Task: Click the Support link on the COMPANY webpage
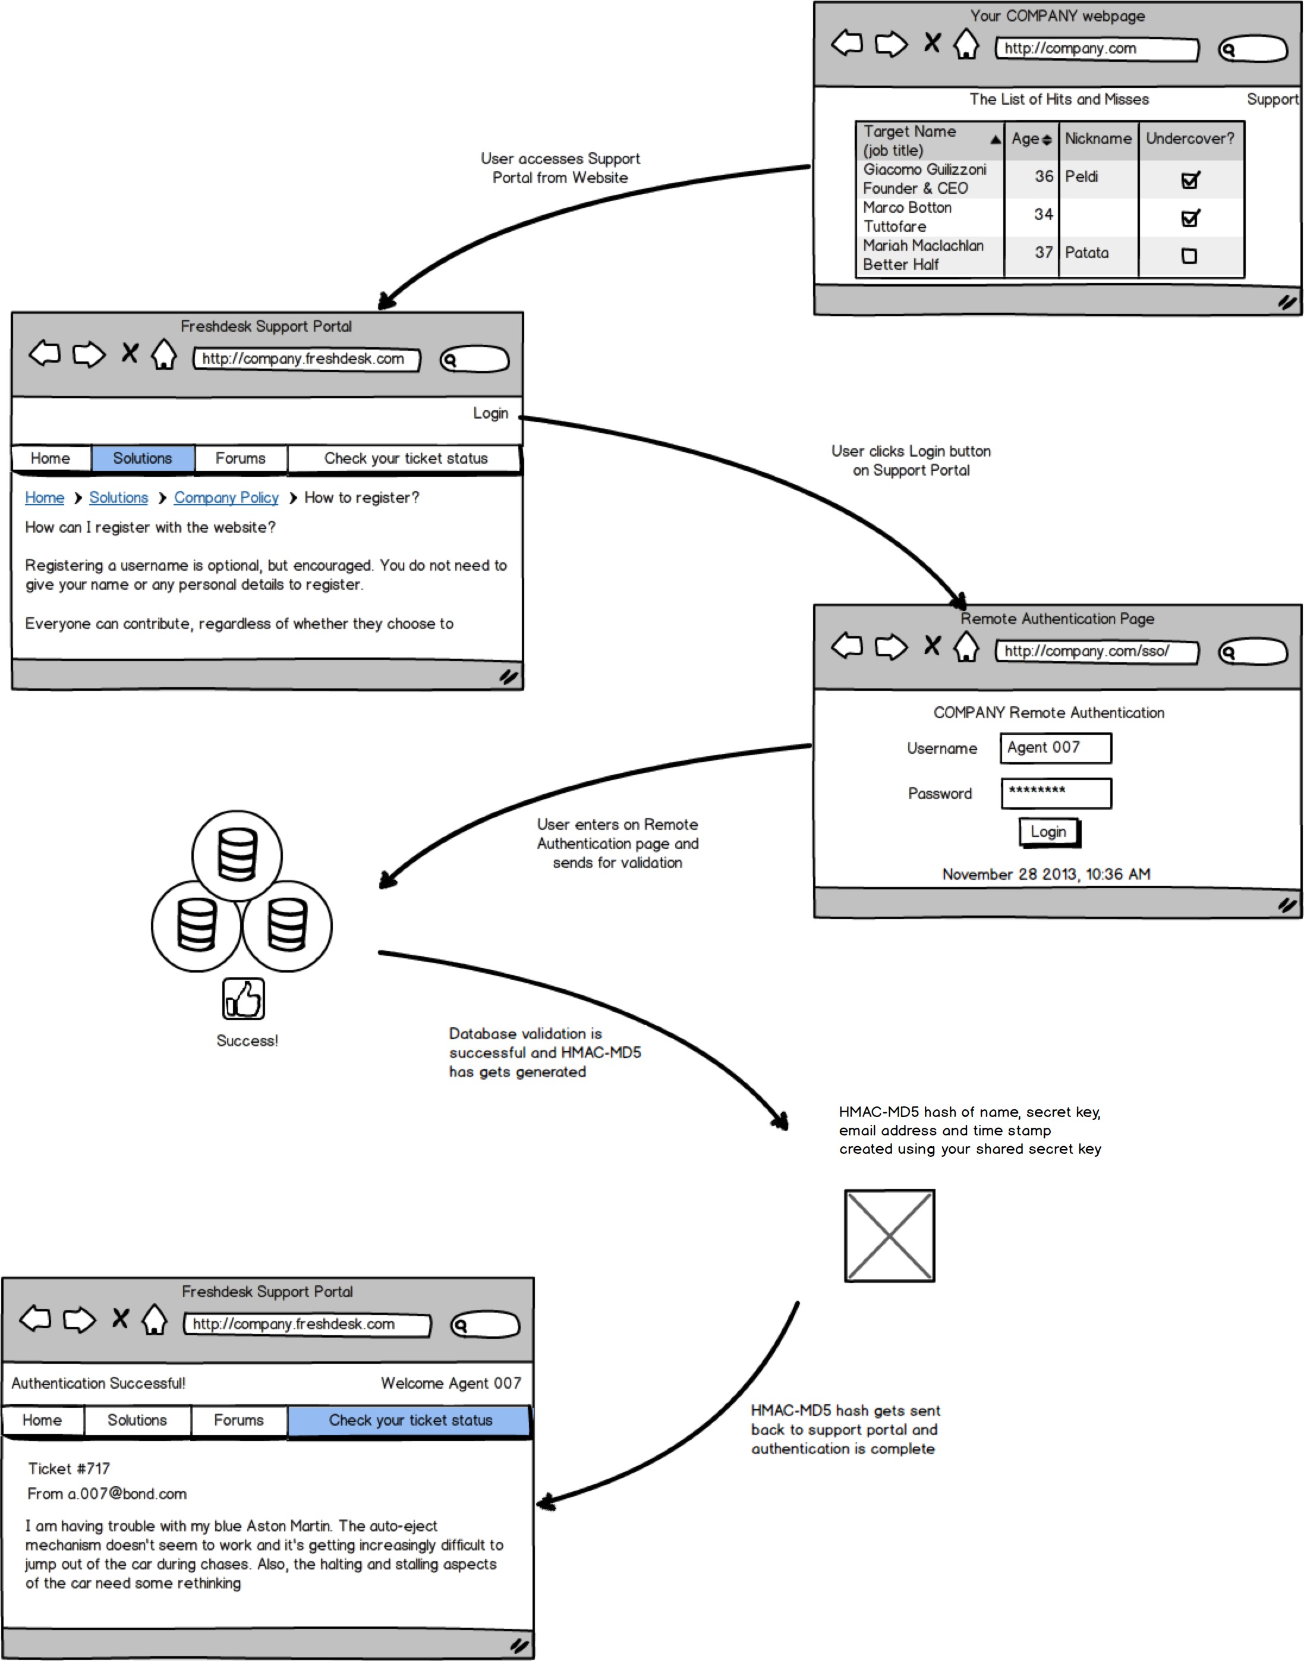tap(1271, 99)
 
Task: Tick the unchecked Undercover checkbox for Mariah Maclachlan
tap(1189, 256)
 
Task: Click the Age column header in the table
tap(1030, 139)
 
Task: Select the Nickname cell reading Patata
tap(1086, 253)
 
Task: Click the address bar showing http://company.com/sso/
tap(1097, 652)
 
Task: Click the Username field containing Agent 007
tap(1055, 748)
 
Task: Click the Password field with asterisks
tap(1055, 792)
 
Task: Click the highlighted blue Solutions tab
tap(143, 458)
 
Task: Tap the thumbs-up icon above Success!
tap(244, 998)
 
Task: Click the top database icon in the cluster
tap(237, 855)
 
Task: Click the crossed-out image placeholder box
tap(889, 1235)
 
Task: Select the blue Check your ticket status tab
tap(410, 1420)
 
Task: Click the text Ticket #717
tap(69, 1468)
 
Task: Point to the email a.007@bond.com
tap(107, 1494)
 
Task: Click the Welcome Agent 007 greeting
tap(451, 1383)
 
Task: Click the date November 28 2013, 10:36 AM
tap(1046, 874)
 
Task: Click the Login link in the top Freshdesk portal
tap(490, 413)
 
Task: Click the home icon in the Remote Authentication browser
tap(966, 647)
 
